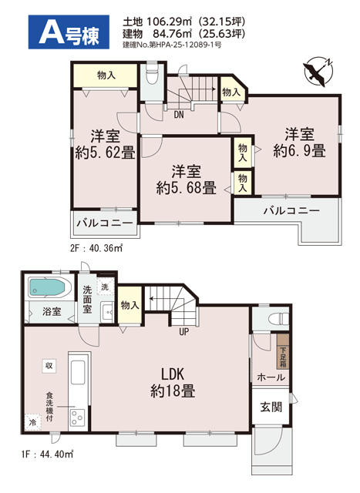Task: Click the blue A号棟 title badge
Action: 69,32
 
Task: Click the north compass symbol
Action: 318,72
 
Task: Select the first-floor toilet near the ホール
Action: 278,318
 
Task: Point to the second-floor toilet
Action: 152,75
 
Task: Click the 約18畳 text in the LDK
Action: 173,391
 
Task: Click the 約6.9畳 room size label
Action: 299,151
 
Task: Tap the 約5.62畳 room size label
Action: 105,153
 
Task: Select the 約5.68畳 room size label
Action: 187,188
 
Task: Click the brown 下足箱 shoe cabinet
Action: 283,351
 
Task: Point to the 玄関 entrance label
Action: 271,407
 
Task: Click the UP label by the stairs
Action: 183,331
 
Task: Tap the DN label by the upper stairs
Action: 178,115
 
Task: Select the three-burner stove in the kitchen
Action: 76,418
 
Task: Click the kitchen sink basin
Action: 78,372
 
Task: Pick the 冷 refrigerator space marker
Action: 32,422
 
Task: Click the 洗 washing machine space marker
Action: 105,287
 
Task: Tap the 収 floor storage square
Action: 49,366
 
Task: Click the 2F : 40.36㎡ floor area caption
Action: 96,248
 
